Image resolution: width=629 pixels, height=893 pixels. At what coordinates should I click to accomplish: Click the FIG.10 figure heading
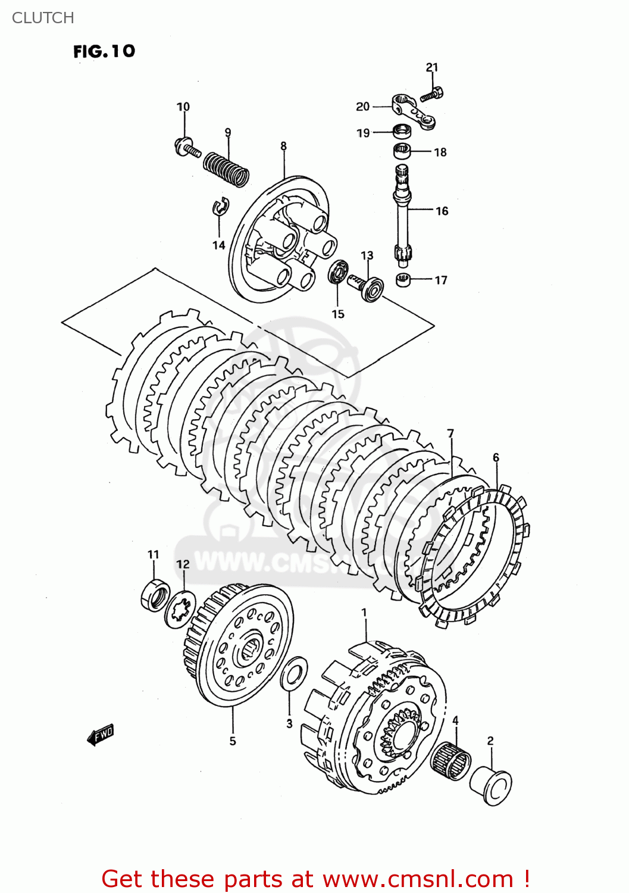(x=104, y=51)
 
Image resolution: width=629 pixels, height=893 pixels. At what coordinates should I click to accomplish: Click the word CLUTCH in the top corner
(x=43, y=18)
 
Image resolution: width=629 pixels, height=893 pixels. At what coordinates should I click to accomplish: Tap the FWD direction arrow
(x=100, y=736)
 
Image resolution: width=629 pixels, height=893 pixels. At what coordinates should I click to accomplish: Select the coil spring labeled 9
(x=226, y=168)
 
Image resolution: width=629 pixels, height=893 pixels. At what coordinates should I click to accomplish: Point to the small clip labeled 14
(x=220, y=205)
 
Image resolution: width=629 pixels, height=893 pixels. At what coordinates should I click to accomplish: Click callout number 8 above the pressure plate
(x=283, y=146)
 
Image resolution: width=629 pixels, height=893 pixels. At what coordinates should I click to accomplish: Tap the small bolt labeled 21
(x=432, y=94)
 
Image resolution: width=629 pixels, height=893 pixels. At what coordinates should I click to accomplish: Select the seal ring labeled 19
(x=402, y=130)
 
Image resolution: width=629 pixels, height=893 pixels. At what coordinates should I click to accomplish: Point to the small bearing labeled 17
(x=403, y=279)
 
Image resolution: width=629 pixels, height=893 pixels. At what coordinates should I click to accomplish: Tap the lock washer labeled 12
(x=180, y=608)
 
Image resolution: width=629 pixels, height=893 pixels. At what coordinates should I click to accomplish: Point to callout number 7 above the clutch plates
(x=450, y=433)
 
